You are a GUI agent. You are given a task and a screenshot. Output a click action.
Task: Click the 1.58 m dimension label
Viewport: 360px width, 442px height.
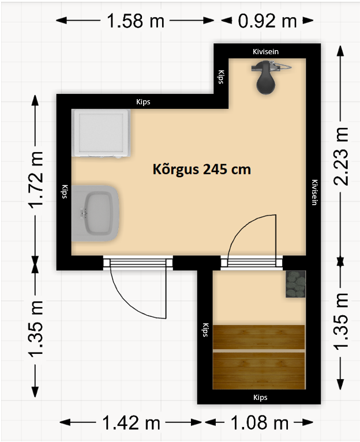(136, 21)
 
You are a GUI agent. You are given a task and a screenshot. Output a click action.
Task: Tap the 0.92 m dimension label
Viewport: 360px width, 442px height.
(267, 21)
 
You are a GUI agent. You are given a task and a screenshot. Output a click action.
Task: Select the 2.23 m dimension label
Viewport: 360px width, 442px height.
(341, 156)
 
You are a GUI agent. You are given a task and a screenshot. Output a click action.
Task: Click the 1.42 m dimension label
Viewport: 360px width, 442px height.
(131, 422)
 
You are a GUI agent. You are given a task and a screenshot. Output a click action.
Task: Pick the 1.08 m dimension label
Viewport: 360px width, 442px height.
(260, 422)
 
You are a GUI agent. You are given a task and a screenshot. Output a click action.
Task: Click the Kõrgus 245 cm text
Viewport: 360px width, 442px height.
(202, 169)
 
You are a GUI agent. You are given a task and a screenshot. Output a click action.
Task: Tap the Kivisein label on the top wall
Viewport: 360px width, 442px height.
(265, 52)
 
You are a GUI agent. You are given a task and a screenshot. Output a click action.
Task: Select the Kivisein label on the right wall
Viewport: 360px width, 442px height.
(314, 192)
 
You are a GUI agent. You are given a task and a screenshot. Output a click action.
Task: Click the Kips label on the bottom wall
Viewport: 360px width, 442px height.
(260, 398)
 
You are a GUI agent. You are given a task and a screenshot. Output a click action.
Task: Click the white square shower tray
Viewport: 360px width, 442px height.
(101, 133)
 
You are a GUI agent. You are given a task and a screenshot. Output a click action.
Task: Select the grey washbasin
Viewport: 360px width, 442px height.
(95, 213)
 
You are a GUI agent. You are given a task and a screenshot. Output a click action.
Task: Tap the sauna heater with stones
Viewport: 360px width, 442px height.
(295, 284)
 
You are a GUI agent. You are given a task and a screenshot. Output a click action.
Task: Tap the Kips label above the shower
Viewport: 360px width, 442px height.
(143, 102)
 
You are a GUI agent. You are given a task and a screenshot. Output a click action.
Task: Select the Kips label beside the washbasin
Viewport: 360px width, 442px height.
(65, 192)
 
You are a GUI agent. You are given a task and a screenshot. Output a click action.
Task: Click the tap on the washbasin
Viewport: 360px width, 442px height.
(84, 213)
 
